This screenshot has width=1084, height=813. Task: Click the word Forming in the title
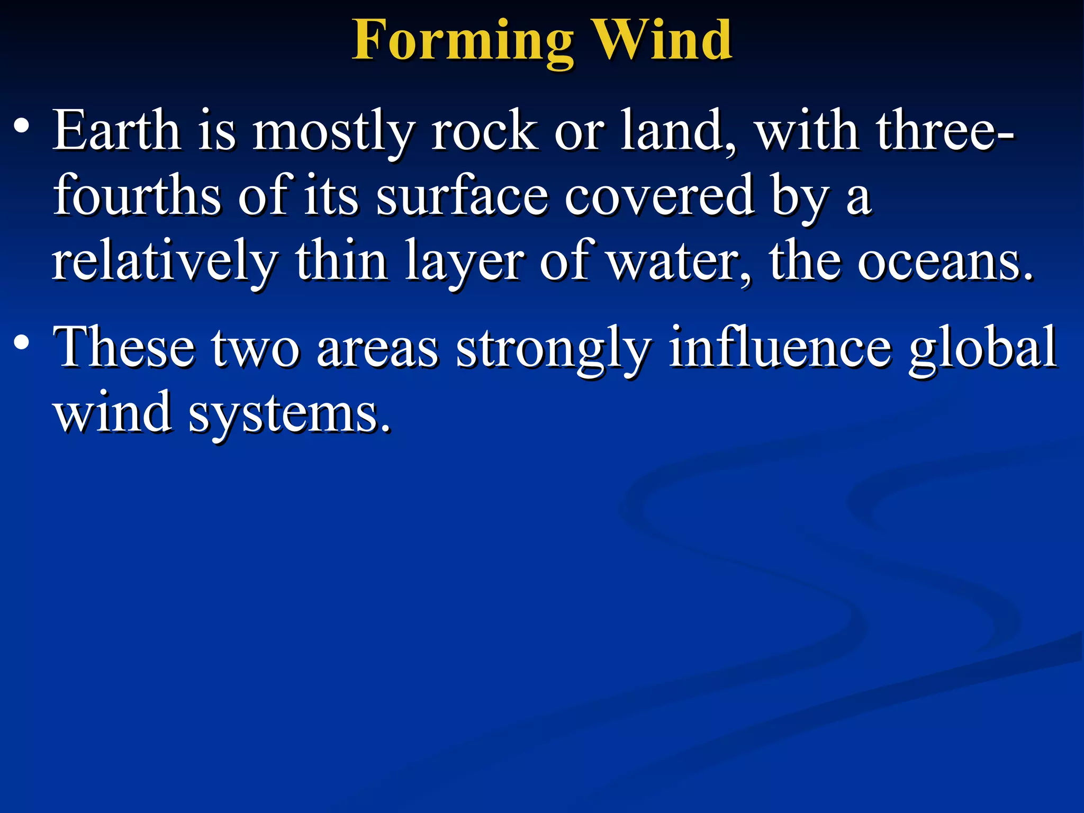[463, 41]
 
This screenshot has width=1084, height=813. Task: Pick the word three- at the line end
[945, 130]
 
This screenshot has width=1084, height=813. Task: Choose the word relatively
[165, 261]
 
